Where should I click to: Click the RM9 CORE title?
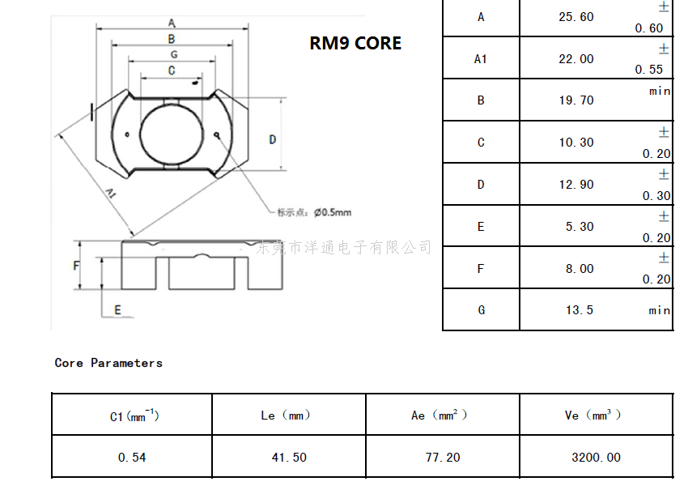pyautogui.click(x=355, y=44)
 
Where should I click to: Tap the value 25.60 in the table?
pyautogui.click(x=576, y=17)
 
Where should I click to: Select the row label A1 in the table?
pyautogui.click(x=481, y=59)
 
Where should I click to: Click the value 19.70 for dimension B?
pyautogui.click(x=576, y=100)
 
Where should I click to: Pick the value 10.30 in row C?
pyautogui.click(x=576, y=143)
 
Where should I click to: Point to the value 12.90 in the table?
pyautogui.click(x=576, y=185)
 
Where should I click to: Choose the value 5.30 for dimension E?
pyautogui.click(x=580, y=227)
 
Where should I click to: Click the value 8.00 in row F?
pyautogui.click(x=580, y=269)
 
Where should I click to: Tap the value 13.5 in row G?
pyautogui.click(x=580, y=310)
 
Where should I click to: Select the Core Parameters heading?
pyautogui.click(x=108, y=363)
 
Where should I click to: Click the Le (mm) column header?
pyautogui.click(x=286, y=415)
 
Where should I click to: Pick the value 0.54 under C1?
pyautogui.click(x=132, y=458)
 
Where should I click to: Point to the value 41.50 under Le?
pyautogui.click(x=289, y=458)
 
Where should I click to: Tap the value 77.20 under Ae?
pyautogui.click(x=443, y=458)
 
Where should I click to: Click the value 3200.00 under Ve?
pyautogui.click(x=597, y=458)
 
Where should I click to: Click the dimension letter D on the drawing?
pyautogui.click(x=273, y=139)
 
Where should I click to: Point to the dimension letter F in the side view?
pyautogui.click(x=77, y=266)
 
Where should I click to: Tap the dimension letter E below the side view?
pyautogui.click(x=117, y=309)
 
